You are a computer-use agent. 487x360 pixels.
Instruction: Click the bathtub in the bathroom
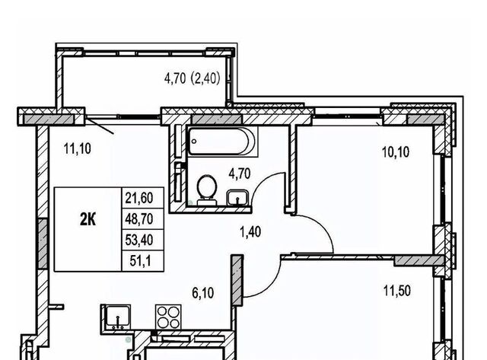pyautogui.click(x=222, y=142)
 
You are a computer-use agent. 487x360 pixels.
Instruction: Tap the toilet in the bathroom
pyautogui.click(x=207, y=190)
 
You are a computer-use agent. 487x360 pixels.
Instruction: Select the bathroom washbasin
pyautogui.click(x=237, y=198)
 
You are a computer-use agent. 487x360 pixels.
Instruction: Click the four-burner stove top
pyautogui.click(x=169, y=317)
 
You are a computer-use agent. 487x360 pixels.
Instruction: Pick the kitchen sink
pyautogui.click(x=117, y=317)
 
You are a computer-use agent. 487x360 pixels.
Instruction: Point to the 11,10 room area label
pyautogui.click(x=78, y=148)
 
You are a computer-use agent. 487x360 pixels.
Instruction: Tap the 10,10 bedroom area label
pyautogui.click(x=396, y=152)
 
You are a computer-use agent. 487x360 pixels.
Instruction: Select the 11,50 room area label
pyautogui.click(x=397, y=291)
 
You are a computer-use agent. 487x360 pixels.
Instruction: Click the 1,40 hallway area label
pyautogui.click(x=250, y=231)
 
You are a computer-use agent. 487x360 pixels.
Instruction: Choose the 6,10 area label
pyautogui.click(x=203, y=292)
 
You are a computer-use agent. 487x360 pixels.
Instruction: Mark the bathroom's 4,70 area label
pyautogui.click(x=240, y=174)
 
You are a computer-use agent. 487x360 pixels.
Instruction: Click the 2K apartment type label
pyautogui.click(x=88, y=220)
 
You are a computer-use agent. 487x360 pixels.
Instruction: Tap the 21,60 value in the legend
pyautogui.click(x=139, y=198)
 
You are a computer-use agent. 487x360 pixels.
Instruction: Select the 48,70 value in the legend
pyautogui.click(x=139, y=219)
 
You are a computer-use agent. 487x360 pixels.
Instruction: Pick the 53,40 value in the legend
pyautogui.click(x=139, y=240)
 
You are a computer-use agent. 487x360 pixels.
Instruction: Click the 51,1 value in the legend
pyautogui.click(x=140, y=260)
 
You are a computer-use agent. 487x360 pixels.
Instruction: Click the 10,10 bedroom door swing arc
pyautogui.click(x=323, y=225)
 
